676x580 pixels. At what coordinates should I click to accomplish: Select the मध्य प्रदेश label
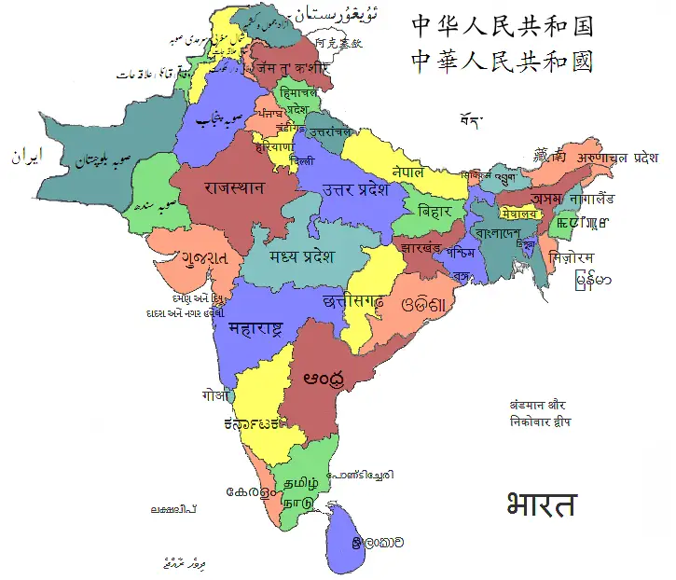point(301,257)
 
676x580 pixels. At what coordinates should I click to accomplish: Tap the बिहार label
point(435,211)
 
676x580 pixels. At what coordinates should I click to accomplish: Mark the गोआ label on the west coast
point(214,395)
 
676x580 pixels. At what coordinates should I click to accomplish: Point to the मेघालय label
point(519,214)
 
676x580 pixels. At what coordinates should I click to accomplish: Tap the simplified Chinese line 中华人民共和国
point(502,24)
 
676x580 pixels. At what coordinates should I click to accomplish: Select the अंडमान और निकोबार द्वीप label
point(540,414)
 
